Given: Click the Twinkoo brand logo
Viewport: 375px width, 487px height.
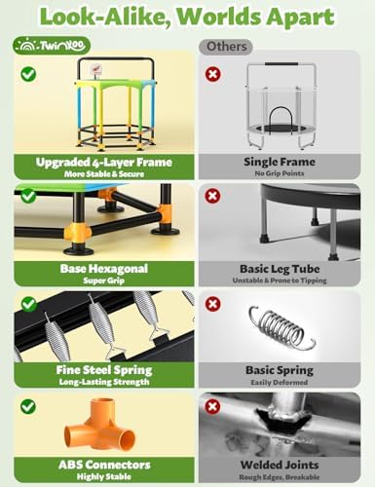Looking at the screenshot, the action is [x=52, y=46].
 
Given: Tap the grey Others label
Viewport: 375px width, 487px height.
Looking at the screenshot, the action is [x=226, y=47].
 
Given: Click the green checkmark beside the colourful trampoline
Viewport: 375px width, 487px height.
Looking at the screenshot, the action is [x=28, y=74].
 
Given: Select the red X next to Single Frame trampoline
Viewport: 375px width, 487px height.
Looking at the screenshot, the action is [x=213, y=74].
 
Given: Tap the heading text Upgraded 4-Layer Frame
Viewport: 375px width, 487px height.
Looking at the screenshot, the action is [x=104, y=162].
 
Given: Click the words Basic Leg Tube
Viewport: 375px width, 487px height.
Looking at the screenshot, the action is [x=280, y=269].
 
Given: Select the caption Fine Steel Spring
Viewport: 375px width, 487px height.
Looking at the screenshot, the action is [x=104, y=370].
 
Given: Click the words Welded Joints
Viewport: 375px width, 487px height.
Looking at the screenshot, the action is [x=280, y=465].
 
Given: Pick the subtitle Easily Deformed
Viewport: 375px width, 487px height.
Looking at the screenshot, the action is [x=280, y=382].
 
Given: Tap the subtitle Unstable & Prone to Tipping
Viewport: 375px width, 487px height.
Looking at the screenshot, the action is [x=280, y=281].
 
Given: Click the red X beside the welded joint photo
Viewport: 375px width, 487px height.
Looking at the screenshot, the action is [x=212, y=406].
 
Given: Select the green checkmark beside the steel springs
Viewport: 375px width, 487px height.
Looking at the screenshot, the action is [x=29, y=304].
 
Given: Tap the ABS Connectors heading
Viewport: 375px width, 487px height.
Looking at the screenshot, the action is [x=104, y=465].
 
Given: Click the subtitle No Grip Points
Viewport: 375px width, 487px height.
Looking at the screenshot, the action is [x=280, y=173].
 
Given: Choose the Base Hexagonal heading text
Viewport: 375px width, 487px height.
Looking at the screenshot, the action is [x=104, y=269].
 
